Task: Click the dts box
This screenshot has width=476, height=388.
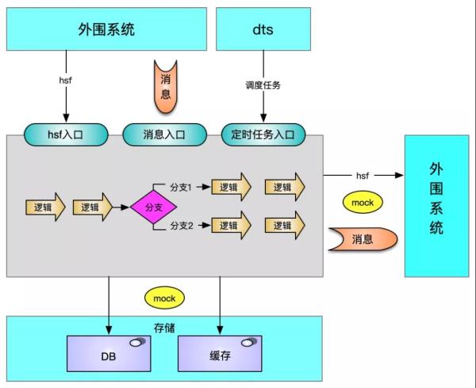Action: (x=263, y=29)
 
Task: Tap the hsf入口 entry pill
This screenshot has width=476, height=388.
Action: (x=66, y=134)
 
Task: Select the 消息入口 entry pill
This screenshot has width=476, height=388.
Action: (x=164, y=134)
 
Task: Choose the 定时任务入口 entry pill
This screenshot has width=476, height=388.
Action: (x=263, y=134)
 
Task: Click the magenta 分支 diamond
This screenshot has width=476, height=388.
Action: (x=154, y=208)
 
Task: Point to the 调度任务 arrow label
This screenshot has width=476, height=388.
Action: (x=263, y=85)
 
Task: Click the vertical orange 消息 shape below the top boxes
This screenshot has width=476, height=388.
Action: (x=166, y=87)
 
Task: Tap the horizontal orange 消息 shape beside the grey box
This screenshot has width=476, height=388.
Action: (x=363, y=239)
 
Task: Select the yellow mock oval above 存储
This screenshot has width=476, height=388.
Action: (x=164, y=298)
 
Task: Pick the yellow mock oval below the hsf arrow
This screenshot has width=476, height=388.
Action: (x=363, y=203)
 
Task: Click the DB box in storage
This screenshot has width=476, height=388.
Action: (x=109, y=354)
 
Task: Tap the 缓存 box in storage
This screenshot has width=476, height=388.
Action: (x=220, y=354)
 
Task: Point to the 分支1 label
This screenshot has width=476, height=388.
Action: (x=181, y=188)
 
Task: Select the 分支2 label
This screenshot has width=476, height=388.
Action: (x=181, y=226)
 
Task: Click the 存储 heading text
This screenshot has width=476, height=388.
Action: (x=164, y=328)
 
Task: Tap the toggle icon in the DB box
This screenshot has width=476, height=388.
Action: (x=137, y=343)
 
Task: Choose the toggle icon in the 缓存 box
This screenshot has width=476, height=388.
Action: (x=249, y=343)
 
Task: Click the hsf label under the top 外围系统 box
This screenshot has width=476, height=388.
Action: (x=66, y=80)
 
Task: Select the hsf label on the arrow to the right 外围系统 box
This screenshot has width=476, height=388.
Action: (x=363, y=176)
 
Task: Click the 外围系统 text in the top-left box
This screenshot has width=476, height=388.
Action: (x=106, y=29)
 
